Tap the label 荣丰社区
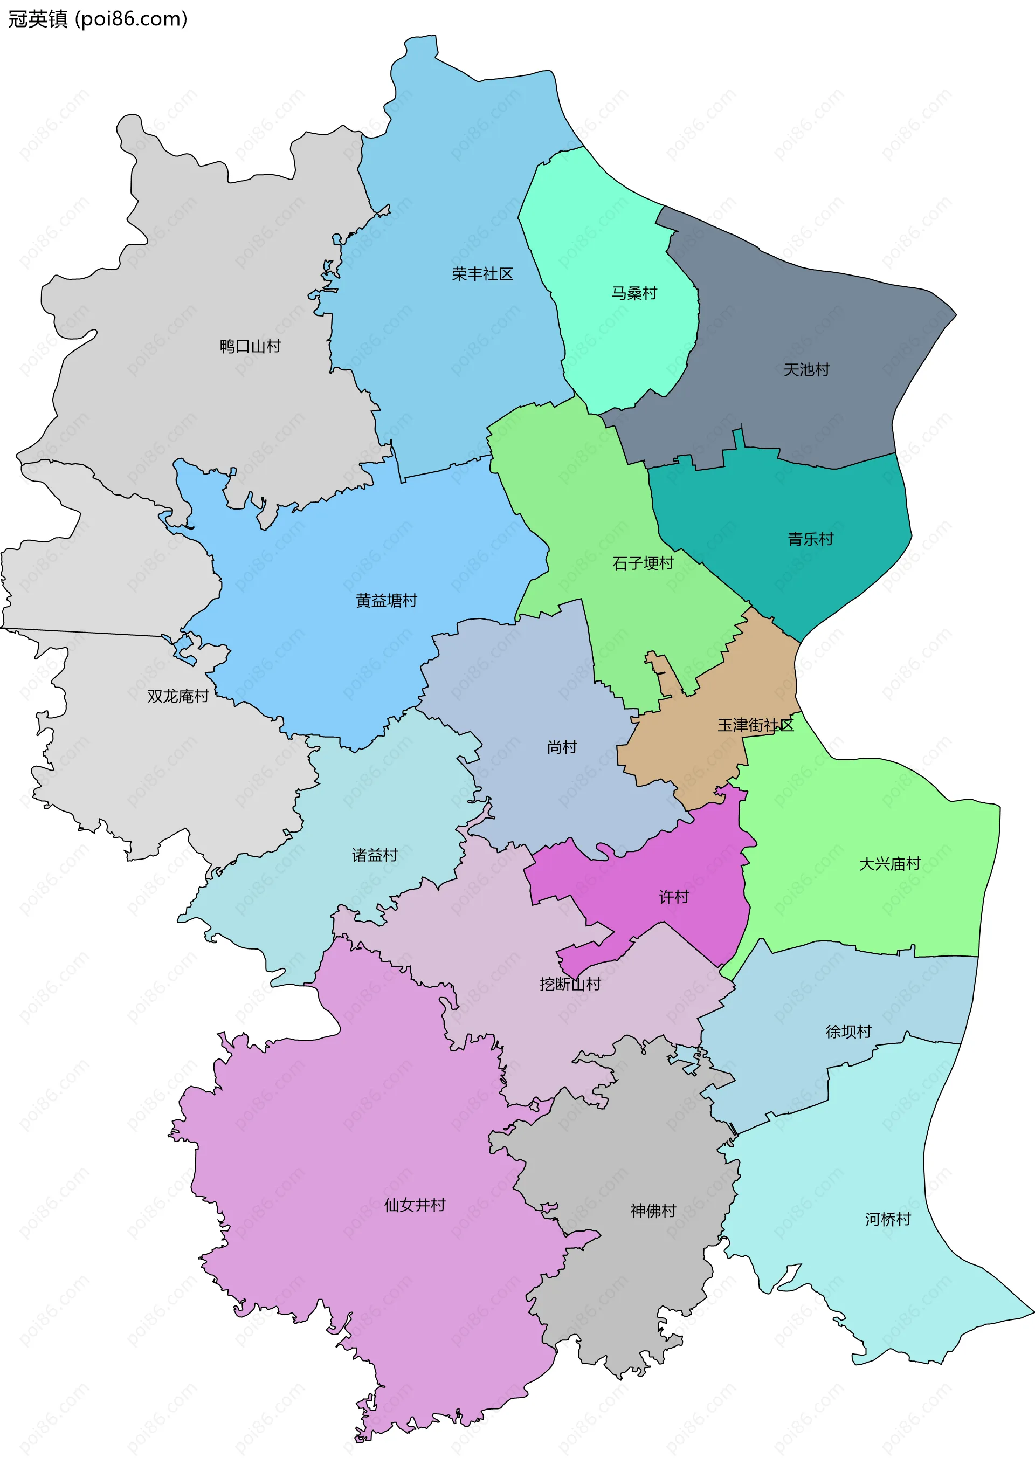pos(482,274)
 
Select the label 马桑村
pos(634,293)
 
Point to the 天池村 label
pos(806,370)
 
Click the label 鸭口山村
pos(250,347)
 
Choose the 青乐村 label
pos(810,539)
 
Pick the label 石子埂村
pos(643,564)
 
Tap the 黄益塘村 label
pos(386,601)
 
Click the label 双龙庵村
pos(178,697)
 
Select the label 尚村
pos(562,747)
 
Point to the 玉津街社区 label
pos(756,725)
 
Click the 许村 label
pos(674,897)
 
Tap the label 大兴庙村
pos(889,864)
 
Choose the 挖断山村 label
pos(570,984)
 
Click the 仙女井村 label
pos(415,1205)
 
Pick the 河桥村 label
pos(888,1219)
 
